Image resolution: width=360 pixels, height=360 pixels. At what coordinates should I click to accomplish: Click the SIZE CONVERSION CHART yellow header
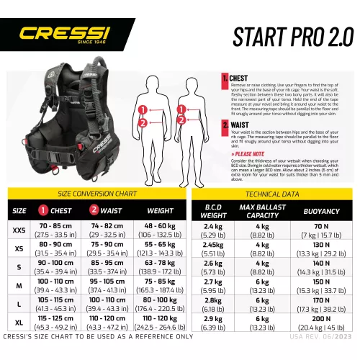tap(96, 194)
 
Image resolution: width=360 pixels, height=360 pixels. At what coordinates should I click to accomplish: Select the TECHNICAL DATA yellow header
tap(273, 194)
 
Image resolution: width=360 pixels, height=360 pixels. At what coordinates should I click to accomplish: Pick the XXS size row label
tap(19, 230)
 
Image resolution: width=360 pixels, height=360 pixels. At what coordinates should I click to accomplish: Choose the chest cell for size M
tap(55, 285)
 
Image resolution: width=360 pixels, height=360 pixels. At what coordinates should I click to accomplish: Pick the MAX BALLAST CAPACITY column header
tap(263, 211)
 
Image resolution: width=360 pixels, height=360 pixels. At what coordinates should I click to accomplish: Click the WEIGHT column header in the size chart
tap(159, 211)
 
